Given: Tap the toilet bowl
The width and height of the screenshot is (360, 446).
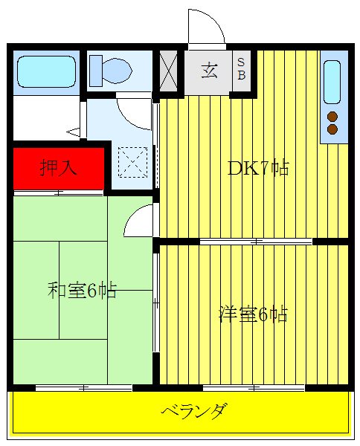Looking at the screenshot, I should click(115, 71).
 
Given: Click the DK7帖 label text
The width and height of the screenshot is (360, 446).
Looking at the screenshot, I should click(257, 167).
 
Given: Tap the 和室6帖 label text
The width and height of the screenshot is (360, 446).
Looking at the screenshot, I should click(82, 290).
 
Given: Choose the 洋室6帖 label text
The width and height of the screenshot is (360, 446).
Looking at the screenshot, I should click(253, 314).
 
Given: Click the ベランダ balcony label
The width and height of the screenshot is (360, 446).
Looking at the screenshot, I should click(193, 410).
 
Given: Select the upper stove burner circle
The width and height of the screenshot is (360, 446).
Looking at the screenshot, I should click(332, 116).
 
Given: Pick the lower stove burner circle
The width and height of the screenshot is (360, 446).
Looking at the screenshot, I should click(332, 129).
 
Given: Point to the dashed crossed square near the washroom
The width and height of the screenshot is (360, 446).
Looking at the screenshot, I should click(132, 161).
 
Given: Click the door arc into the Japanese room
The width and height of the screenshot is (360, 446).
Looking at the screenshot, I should click(140, 222).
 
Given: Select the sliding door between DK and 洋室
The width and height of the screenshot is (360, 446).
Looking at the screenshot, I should click(255, 242).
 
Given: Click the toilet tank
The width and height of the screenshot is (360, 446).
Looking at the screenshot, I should click(95, 71).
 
